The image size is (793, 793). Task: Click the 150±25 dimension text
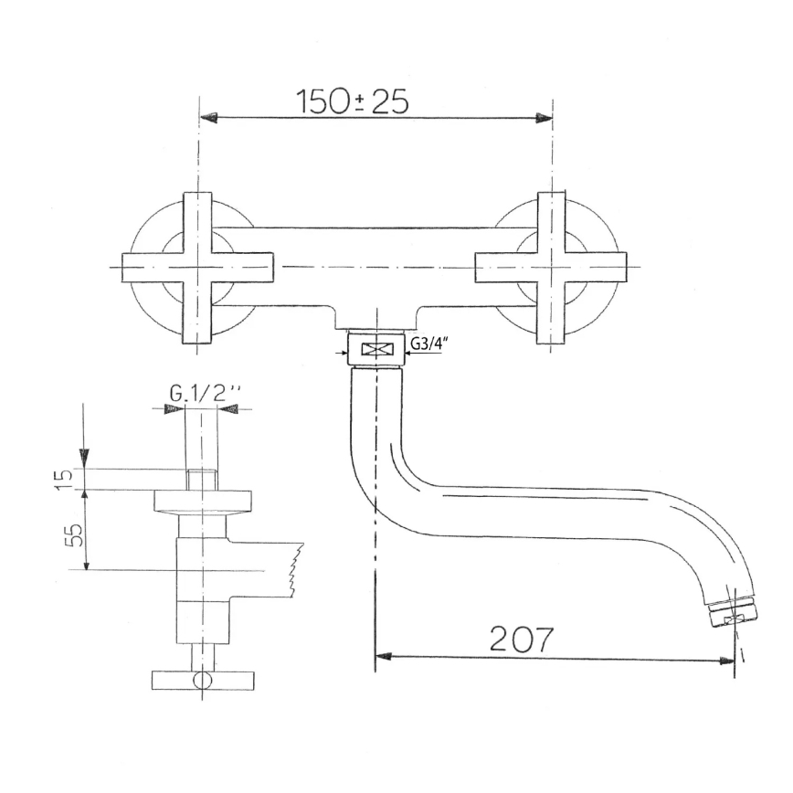(352, 102)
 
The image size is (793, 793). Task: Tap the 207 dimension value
(522, 639)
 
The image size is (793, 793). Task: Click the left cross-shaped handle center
(198, 269)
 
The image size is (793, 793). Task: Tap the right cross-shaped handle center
(551, 269)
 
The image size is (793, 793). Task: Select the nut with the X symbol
(375, 349)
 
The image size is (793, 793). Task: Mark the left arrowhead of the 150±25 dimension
(208, 118)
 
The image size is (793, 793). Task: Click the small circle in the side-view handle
(200, 681)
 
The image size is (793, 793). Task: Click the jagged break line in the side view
(293, 571)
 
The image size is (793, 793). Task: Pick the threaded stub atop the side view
(201, 479)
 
